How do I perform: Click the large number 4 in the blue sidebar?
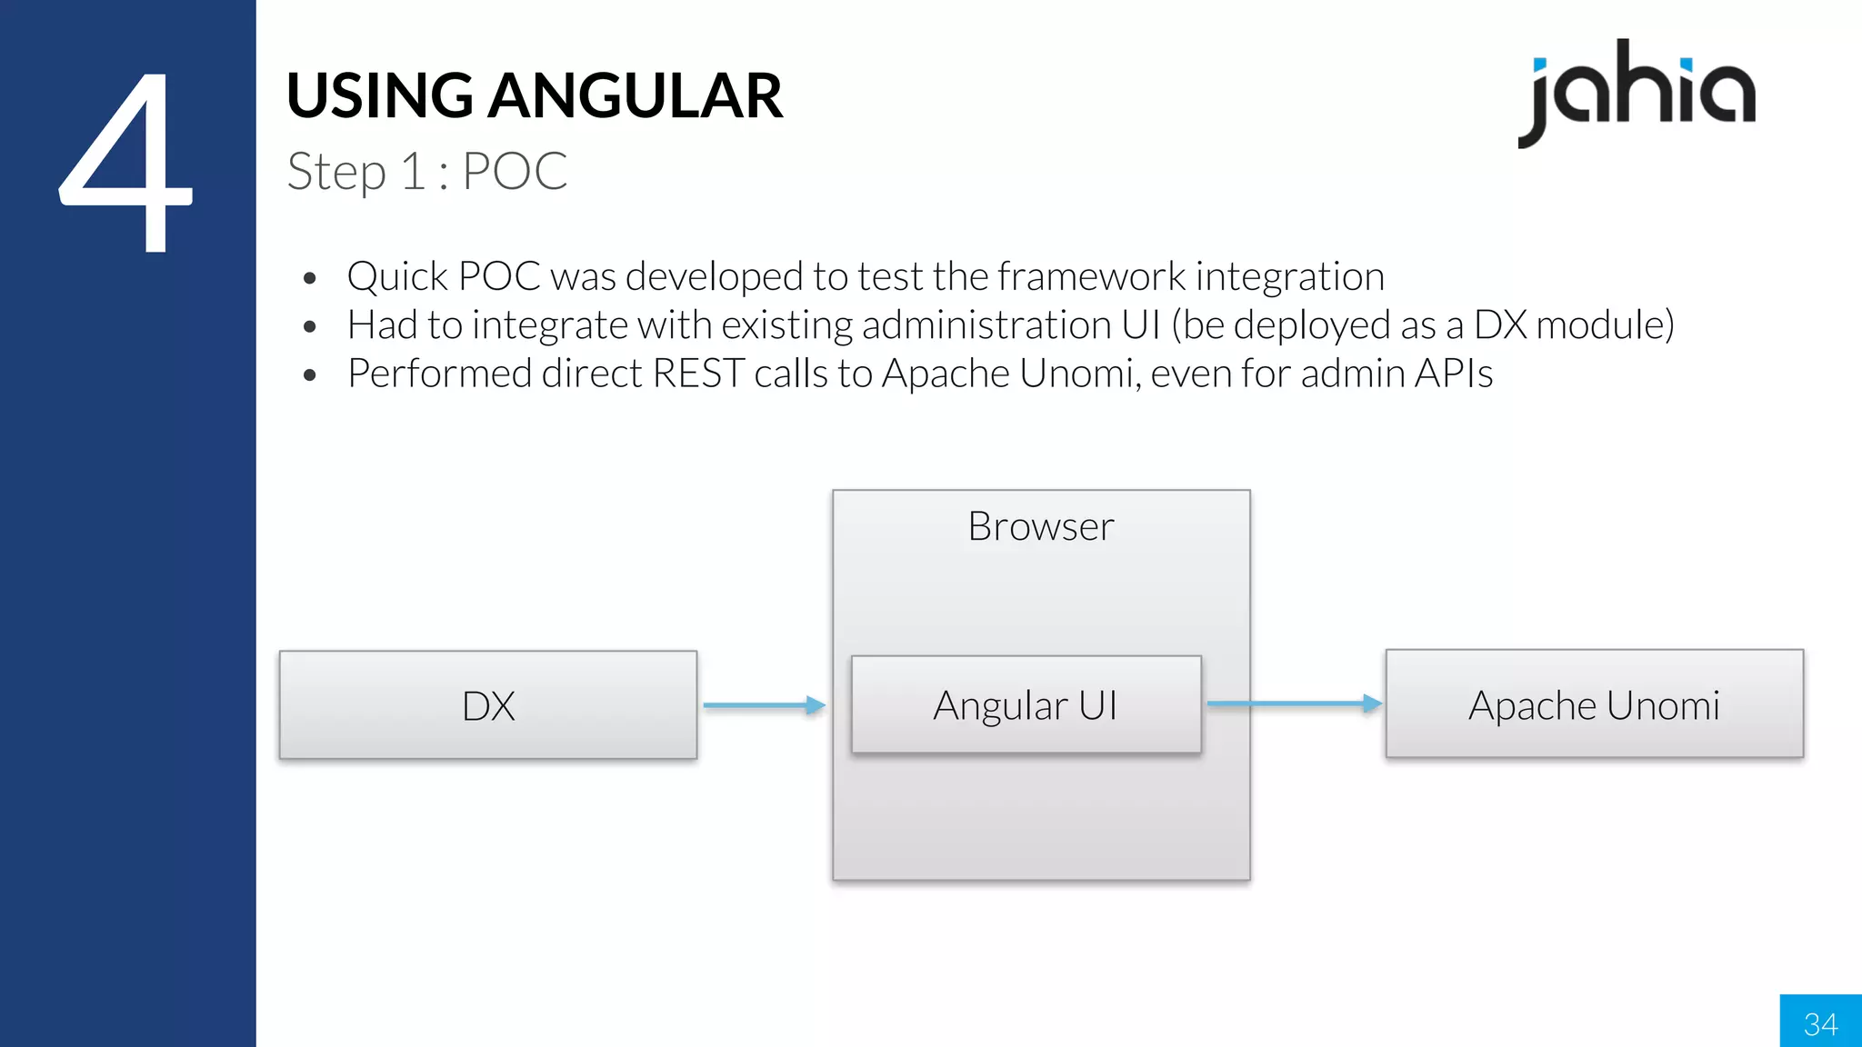click(x=127, y=164)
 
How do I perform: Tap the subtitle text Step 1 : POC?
click(x=427, y=171)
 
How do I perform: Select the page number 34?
click(x=1820, y=1024)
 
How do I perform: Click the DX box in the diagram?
click(x=488, y=705)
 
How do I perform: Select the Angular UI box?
click(x=1026, y=705)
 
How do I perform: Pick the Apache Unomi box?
click(x=1594, y=704)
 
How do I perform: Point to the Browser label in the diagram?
click(x=1041, y=526)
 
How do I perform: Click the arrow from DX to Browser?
click(x=764, y=704)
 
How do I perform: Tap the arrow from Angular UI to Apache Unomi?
click(x=1293, y=703)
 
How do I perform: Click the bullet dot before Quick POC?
click(x=310, y=278)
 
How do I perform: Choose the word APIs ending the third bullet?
click(x=1453, y=374)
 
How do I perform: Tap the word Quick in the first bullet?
click(x=397, y=276)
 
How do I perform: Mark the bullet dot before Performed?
click(x=310, y=375)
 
